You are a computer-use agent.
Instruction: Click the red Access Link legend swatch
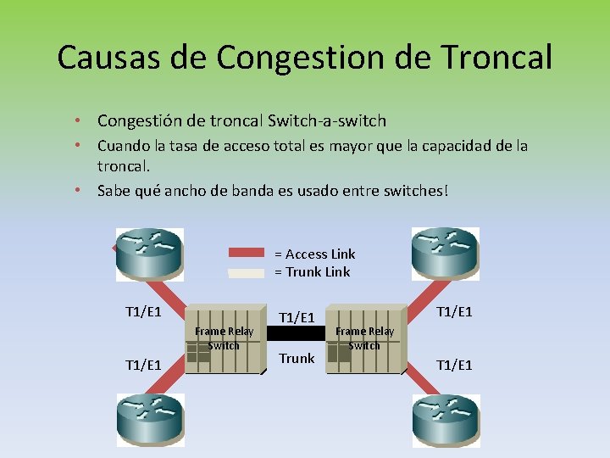[247, 253]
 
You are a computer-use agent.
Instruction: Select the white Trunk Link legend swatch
[247, 272]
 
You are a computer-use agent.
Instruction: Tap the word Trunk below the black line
[297, 358]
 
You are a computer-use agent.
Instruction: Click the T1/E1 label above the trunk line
[297, 316]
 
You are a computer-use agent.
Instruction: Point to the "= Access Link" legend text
[314, 254]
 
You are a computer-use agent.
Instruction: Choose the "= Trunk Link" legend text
[312, 271]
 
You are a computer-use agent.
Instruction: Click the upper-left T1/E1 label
[143, 311]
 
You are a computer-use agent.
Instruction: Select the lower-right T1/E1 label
[453, 365]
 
